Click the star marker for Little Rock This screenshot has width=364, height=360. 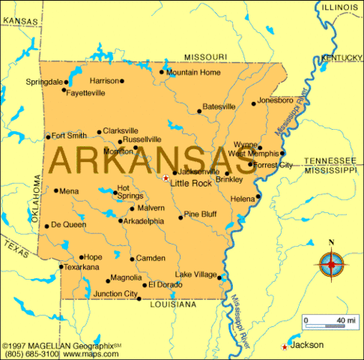click(166, 178)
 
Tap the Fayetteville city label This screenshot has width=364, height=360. click(85, 93)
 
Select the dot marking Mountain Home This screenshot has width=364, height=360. click(162, 73)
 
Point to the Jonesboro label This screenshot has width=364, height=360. click(275, 100)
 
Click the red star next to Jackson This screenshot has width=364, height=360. click(284, 346)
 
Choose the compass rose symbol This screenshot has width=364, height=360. click(331, 264)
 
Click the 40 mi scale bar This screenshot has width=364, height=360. click(324, 325)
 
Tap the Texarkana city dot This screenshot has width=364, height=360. click(61, 266)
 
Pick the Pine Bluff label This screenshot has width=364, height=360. click(200, 214)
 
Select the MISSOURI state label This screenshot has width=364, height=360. click(205, 57)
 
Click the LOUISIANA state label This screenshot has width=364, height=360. click(173, 304)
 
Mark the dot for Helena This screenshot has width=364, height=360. click(258, 197)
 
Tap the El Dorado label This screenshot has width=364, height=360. click(165, 284)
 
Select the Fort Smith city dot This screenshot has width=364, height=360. click(48, 136)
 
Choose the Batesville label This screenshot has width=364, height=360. click(219, 106)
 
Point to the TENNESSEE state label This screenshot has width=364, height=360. click(330, 160)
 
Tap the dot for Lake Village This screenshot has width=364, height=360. click(220, 276)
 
